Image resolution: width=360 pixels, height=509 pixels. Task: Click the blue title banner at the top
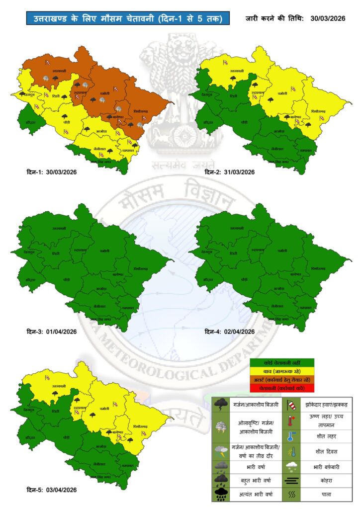tap(128, 19)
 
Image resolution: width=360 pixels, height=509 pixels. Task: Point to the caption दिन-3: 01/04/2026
tap(52, 332)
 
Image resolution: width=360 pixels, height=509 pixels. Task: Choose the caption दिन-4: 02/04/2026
tap(230, 332)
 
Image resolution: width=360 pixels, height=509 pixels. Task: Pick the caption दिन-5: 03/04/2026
tap(52, 490)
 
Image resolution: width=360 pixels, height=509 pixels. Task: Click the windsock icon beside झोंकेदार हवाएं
tap(291, 404)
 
